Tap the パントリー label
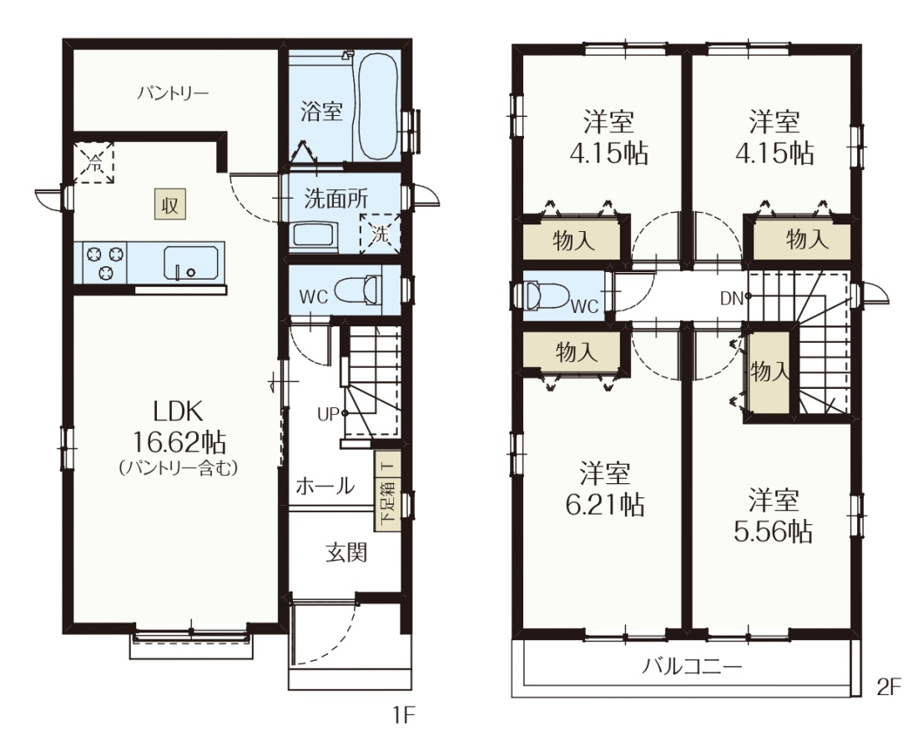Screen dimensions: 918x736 pos(173,93)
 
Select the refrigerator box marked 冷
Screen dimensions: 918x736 pos(93,163)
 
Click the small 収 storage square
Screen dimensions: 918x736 pos(169,204)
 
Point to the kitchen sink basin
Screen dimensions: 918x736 pos(191,264)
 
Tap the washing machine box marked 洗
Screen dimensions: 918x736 pos(380,234)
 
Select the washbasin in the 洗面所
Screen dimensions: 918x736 pos(315,237)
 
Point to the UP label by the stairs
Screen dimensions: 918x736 pos(328,414)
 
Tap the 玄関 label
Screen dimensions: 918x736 pos(346,552)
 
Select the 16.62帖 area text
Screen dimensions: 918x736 pos(179,442)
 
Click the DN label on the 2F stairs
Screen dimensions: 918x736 pos(731,299)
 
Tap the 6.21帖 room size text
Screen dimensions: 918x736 pos(605,504)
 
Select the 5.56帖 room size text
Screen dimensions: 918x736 pos(773,532)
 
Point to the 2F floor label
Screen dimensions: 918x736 pos(889,688)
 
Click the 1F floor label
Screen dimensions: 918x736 pos(403,715)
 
